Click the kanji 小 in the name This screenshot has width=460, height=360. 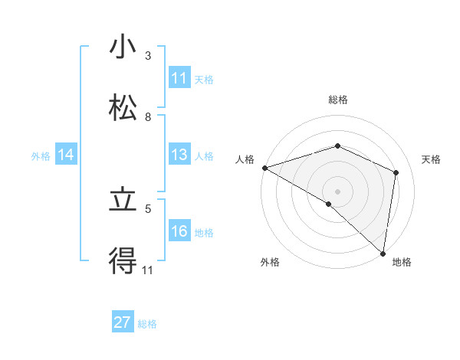[x=122, y=47]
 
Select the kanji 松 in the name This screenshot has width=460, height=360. [x=122, y=108]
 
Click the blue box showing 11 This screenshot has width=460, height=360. [x=179, y=78]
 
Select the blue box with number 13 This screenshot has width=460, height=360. [x=179, y=155]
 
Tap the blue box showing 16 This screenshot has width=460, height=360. [x=179, y=231]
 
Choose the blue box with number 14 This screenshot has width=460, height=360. [x=66, y=155]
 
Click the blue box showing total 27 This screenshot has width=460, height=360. [x=123, y=322]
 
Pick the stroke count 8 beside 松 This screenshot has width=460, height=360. [x=148, y=117]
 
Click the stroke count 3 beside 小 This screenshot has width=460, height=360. [x=148, y=56]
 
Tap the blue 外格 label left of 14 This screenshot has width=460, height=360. [x=41, y=155]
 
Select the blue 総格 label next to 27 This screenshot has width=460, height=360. [x=147, y=323]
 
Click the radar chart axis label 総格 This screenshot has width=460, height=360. [x=337, y=100]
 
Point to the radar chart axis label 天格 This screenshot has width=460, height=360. [x=431, y=159]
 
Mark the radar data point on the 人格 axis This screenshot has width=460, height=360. [x=264, y=168]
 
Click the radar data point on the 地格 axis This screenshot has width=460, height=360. [x=383, y=253]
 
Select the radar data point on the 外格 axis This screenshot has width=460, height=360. [x=328, y=204]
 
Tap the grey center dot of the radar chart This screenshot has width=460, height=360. [x=337, y=191]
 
